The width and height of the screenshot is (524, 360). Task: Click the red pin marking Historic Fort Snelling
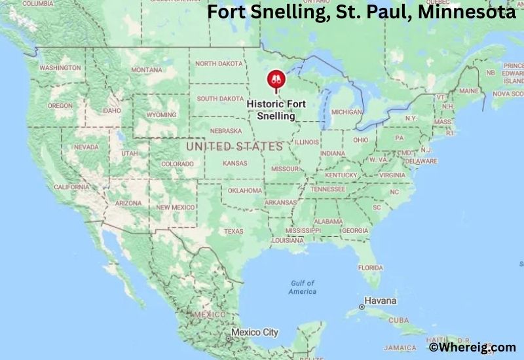tap(275, 81)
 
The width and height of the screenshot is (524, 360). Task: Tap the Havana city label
tap(381, 301)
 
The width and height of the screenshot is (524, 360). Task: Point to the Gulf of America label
tap(302, 287)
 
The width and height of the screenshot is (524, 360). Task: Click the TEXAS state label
tap(233, 231)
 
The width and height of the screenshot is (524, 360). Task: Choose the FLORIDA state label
tap(370, 268)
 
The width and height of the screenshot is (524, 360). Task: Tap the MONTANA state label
tap(147, 70)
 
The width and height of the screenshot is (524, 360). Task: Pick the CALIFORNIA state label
tap(71, 187)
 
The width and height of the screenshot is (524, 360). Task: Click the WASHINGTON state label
tap(60, 68)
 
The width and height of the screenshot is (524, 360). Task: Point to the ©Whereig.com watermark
tap(472, 348)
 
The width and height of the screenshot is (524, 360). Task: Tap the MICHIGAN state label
tap(346, 113)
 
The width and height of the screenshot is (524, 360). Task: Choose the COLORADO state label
tap(177, 164)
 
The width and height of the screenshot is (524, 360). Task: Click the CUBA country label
tap(399, 321)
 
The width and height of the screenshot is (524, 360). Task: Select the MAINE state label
tap(468, 91)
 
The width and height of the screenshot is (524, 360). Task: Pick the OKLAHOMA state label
tap(245, 190)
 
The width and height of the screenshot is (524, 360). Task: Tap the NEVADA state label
tap(86, 147)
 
